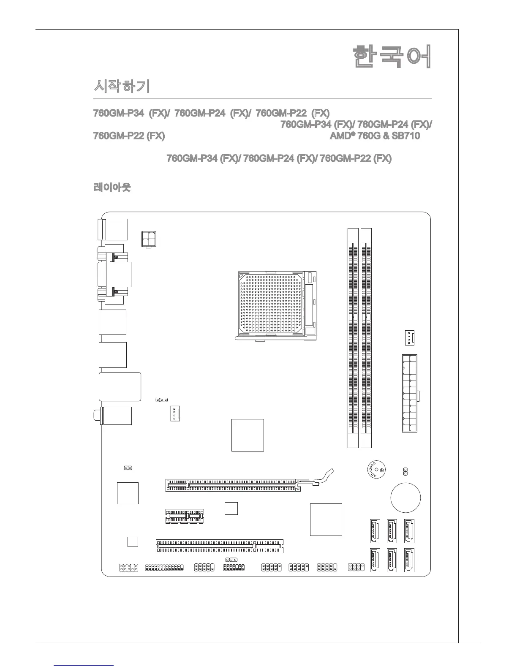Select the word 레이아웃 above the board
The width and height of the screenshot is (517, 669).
pyautogui.click(x=112, y=187)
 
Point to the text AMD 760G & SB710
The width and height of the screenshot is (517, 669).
pyautogui.click(x=375, y=136)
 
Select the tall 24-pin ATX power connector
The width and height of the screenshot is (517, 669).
pyautogui.click(x=409, y=393)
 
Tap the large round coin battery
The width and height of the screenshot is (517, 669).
pyautogui.click(x=405, y=498)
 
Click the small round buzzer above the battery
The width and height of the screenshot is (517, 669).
pyautogui.click(x=375, y=470)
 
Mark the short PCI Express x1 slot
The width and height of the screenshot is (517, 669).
pyautogui.click(x=185, y=516)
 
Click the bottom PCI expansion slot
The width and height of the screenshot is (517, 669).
pyautogui.click(x=220, y=546)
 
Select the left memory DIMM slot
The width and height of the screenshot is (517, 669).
pyautogui.click(x=353, y=338)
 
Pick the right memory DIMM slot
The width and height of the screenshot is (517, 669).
pyautogui.click(x=367, y=338)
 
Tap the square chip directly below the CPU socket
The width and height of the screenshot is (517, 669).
pyautogui.click(x=248, y=435)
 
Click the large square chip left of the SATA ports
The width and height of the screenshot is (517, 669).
pyautogui.click(x=326, y=519)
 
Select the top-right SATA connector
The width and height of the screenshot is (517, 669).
pyautogui.click(x=409, y=531)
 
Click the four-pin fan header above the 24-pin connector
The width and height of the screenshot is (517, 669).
pyautogui.click(x=408, y=337)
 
